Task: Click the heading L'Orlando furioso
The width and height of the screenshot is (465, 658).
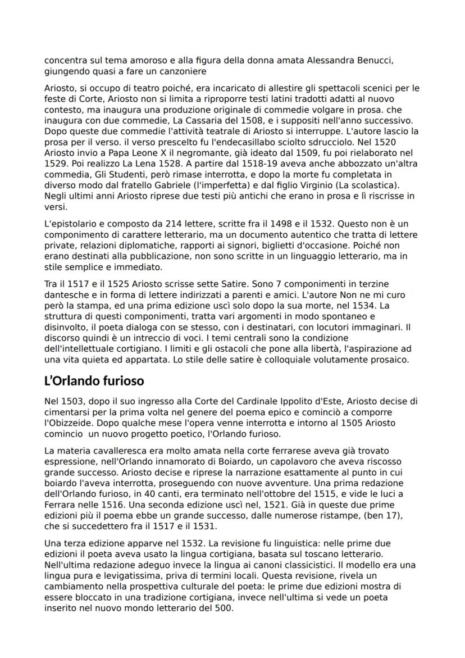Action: coord(94,380)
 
